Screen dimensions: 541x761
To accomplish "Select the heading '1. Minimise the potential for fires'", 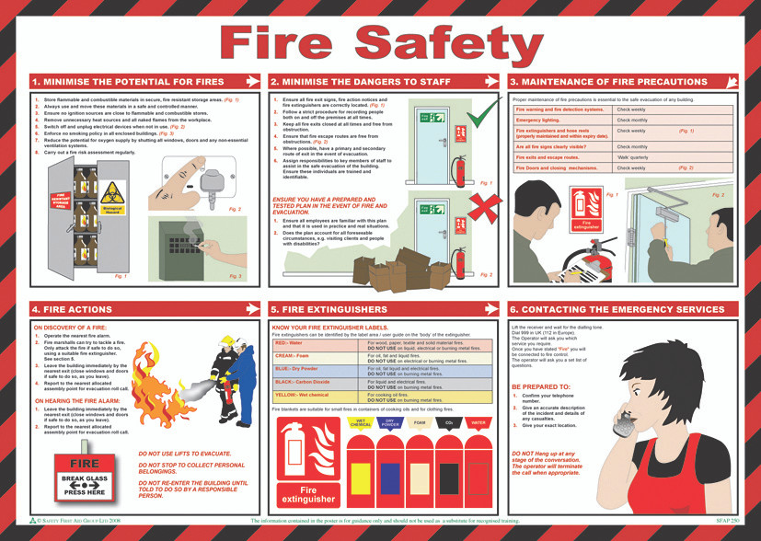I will pyautogui.click(x=127, y=82).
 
